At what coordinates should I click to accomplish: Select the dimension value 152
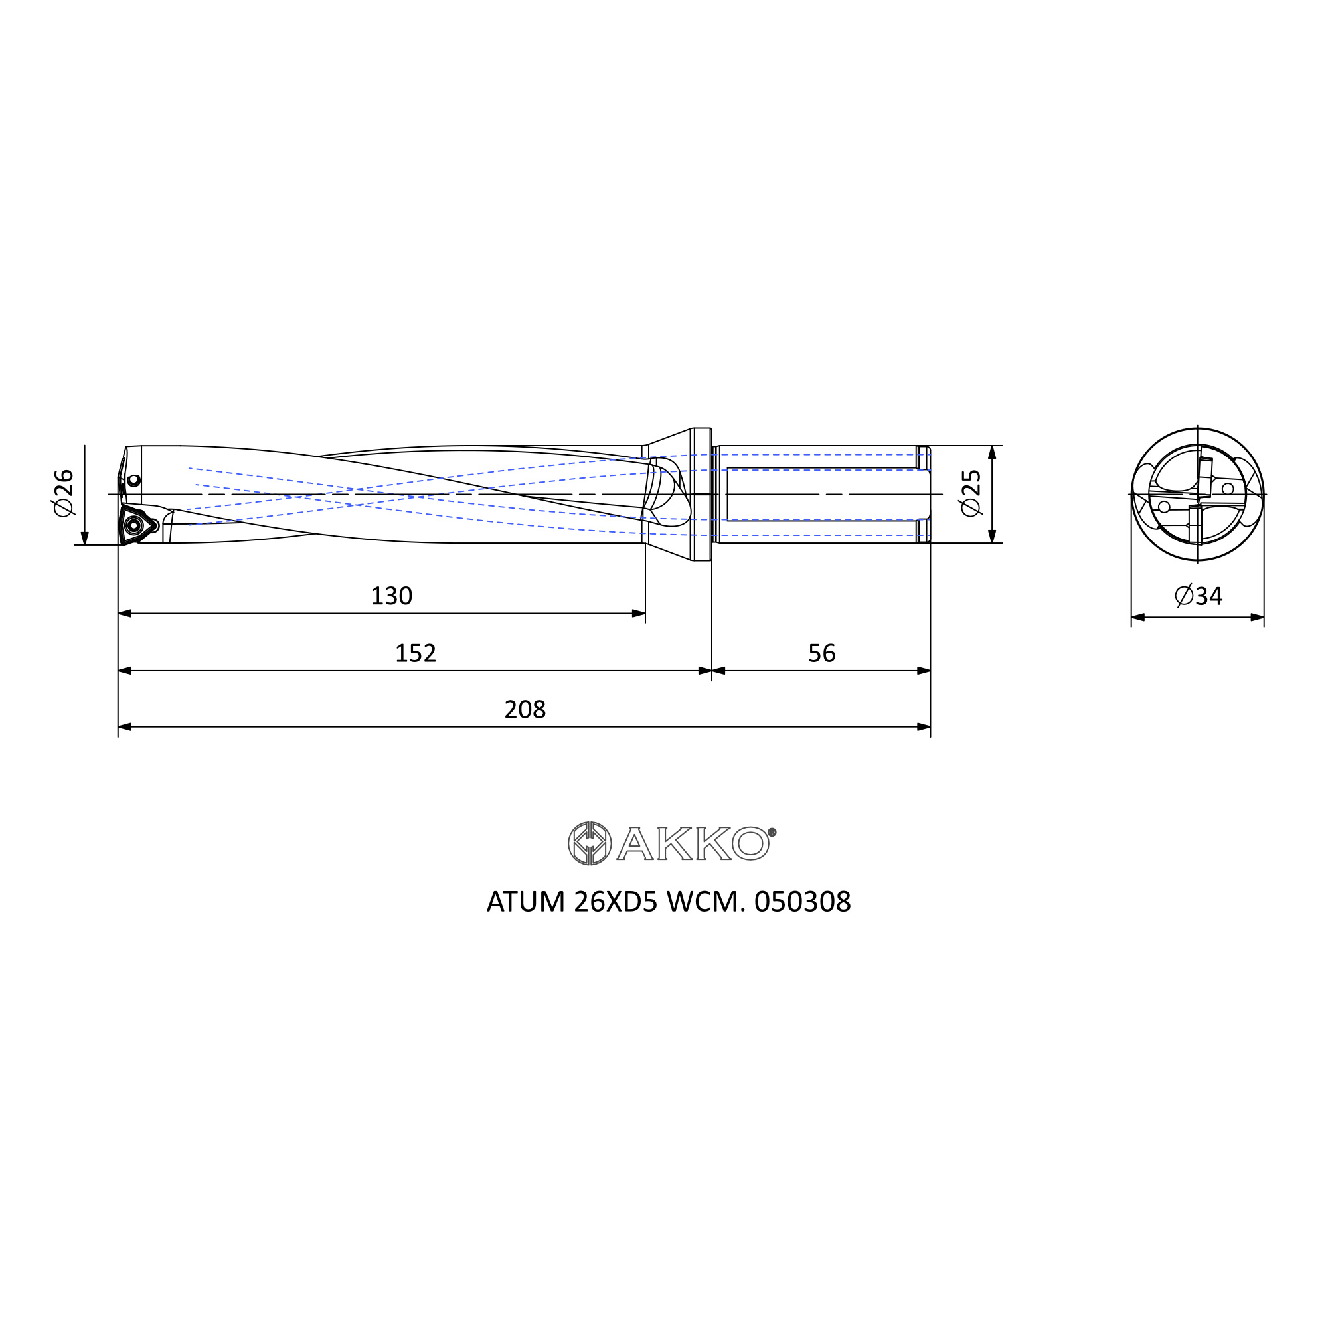[x=415, y=653]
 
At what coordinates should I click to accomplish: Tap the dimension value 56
[x=821, y=653]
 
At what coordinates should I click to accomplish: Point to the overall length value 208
[x=525, y=709]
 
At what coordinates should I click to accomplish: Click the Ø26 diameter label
[x=63, y=492]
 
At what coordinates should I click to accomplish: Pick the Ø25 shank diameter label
[x=971, y=493]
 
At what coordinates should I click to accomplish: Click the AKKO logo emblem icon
[x=590, y=843]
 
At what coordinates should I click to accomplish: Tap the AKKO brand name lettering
[x=696, y=843]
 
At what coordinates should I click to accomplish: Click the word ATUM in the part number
[x=525, y=902]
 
